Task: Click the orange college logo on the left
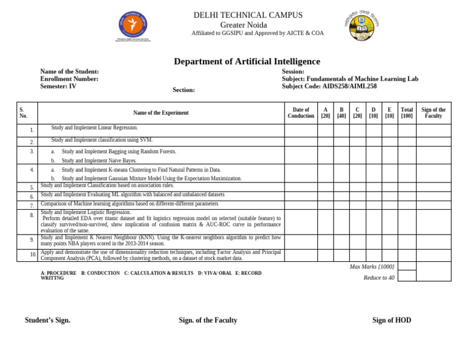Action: click(132, 27)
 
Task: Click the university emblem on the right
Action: click(362, 26)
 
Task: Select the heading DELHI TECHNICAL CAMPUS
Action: click(248, 15)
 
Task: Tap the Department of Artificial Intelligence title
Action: click(247, 61)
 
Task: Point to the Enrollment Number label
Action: click(69, 79)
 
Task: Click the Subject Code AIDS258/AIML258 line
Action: click(329, 86)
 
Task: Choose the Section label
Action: click(183, 90)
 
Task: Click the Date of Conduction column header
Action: click(301, 113)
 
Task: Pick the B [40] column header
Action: click(341, 113)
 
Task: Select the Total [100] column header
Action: click(407, 113)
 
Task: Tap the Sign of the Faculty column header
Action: click(434, 113)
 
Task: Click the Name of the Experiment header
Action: click(161, 113)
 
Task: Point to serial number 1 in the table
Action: click(31, 130)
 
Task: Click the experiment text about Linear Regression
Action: click(94, 128)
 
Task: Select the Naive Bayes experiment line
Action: click(99, 161)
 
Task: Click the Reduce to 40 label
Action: click(379, 278)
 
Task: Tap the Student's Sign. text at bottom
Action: click(47, 320)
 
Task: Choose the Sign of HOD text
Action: click(392, 320)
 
